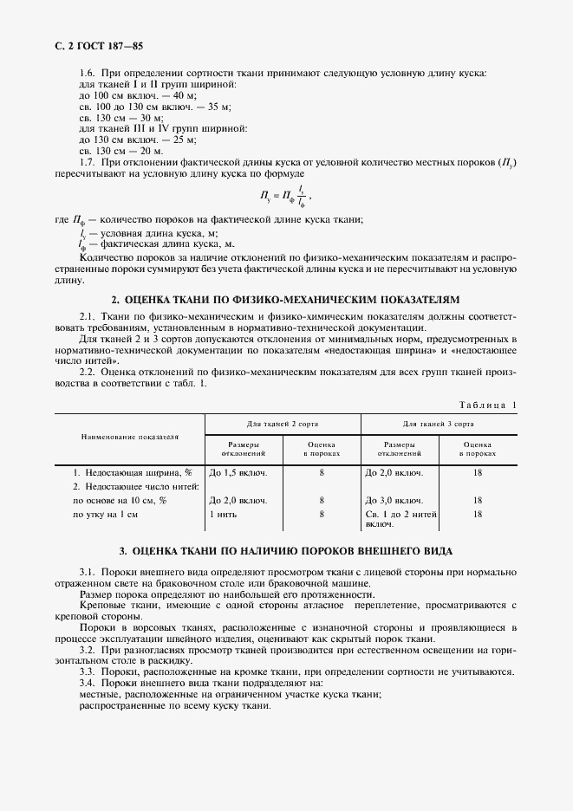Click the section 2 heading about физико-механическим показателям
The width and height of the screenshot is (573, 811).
pyautogui.click(x=286, y=299)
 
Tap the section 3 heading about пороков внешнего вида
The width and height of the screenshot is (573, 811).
pyautogui.click(x=286, y=551)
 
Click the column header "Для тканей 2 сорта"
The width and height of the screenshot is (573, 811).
pyautogui.click(x=282, y=425)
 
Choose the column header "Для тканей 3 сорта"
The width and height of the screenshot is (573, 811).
pyautogui.click(x=438, y=425)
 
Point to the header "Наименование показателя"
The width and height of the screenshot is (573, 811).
pyautogui.click(x=130, y=438)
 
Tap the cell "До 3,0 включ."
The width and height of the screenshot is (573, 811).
pyautogui.click(x=394, y=501)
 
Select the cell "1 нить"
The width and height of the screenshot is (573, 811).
pyautogui.click(x=223, y=515)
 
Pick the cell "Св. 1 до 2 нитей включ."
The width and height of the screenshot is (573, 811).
pyautogui.click(x=400, y=519)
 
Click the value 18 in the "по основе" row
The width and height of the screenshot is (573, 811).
pyautogui.click(x=477, y=501)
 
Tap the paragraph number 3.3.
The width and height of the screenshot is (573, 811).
pyautogui.click(x=88, y=672)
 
